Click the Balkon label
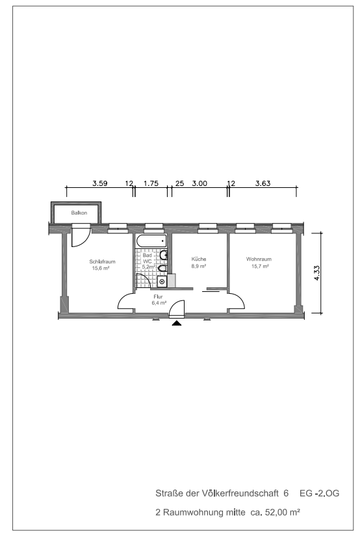pyautogui.click(x=79, y=213)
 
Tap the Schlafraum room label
pyautogui.click(x=102, y=261)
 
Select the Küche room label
pyautogui.click(x=199, y=259)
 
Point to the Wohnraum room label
pyautogui.click(x=259, y=259)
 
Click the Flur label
pyautogui.click(x=158, y=296)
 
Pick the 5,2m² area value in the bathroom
pyautogui.click(x=149, y=267)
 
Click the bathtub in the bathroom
pyautogui.click(x=151, y=241)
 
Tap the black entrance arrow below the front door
pyautogui.click(x=177, y=323)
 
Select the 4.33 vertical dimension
pyautogui.click(x=316, y=273)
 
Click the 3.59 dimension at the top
pyautogui.click(x=99, y=183)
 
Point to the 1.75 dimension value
pyautogui.click(x=151, y=183)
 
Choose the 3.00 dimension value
pyautogui.click(x=199, y=183)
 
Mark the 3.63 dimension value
pyautogui.click(x=263, y=183)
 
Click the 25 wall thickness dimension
pyautogui.click(x=179, y=183)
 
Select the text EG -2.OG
pyautogui.click(x=320, y=493)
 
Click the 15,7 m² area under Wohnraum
pyautogui.click(x=260, y=266)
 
